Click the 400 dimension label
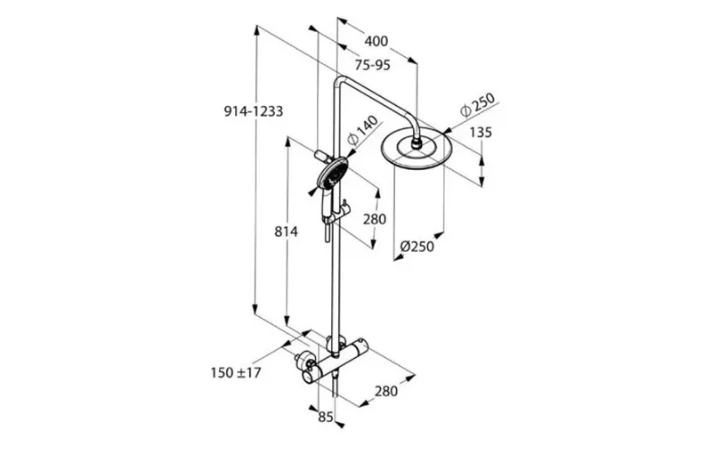point(376,41)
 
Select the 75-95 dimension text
point(372,65)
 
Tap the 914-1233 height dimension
point(254,111)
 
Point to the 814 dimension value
point(286,232)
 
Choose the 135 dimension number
point(481,133)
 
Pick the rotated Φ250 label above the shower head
point(477,105)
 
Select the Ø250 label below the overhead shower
point(417,247)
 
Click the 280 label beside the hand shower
point(375,219)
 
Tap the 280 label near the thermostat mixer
point(386,391)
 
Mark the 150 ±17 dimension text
point(236,373)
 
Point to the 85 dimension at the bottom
point(326,417)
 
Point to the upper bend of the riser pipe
point(340,81)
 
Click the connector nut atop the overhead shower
point(416,143)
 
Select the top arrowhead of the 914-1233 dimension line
point(256,30)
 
